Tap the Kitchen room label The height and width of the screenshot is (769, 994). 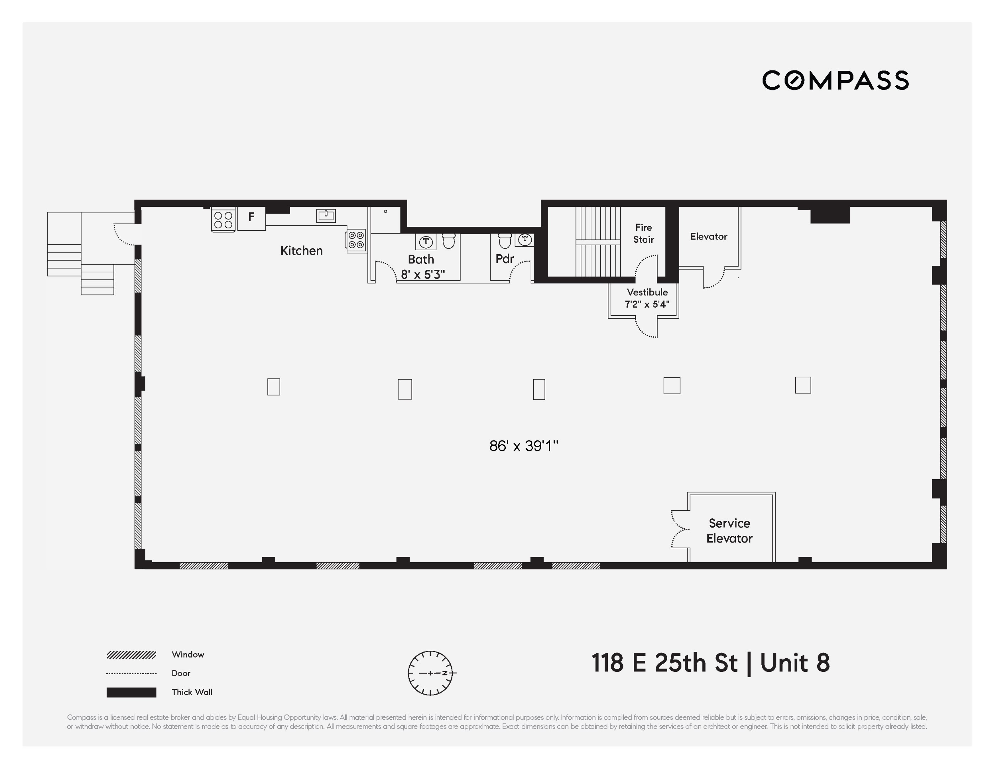coord(301,251)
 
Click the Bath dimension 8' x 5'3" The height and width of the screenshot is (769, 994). coord(422,274)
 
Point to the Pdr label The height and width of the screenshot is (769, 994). coord(505,259)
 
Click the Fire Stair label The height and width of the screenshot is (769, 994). coord(644,233)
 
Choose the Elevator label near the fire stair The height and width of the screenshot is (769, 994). coord(709,236)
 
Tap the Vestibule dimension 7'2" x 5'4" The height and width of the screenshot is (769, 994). coord(647,304)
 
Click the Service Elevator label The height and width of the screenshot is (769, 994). coord(729,531)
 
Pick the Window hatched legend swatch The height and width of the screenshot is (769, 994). coord(131,655)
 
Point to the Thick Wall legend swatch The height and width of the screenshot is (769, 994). coord(131,692)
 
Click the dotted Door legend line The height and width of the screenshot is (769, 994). coord(131,673)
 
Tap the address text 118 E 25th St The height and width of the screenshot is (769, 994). coord(664,663)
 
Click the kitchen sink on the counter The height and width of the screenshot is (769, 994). coord(326,215)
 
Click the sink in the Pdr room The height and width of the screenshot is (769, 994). coord(525,239)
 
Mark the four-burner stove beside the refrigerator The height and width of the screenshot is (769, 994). coord(223,220)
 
